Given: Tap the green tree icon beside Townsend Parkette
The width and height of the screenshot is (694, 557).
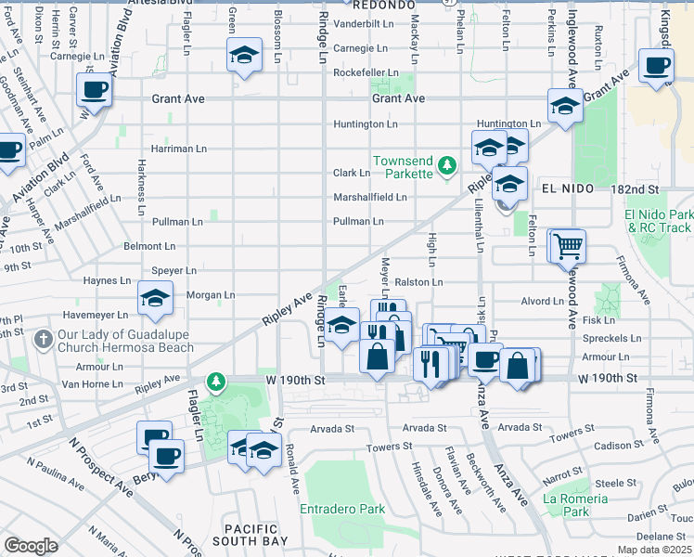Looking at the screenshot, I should coord(448,166).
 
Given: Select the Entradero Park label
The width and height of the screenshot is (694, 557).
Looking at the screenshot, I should coord(341,509).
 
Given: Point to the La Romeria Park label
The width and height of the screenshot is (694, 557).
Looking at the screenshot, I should coord(576,505).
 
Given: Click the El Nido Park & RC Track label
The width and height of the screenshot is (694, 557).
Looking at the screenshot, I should coord(658,222).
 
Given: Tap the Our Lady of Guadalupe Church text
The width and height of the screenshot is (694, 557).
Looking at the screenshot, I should coord(125,342).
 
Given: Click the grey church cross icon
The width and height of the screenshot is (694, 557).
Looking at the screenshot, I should coord(43,341).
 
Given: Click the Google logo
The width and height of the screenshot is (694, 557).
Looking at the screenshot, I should coord(31,546).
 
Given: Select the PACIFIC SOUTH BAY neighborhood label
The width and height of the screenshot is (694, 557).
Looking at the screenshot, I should coord(251,534).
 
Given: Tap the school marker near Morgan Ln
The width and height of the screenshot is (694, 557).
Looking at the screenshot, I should coord(155,298).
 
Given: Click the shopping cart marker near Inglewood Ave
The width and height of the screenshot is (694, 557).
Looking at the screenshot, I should coord(567,247).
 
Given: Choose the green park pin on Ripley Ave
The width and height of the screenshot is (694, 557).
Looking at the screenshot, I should coord(216,382).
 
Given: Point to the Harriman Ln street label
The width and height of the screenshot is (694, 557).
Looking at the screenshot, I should coord(179,149).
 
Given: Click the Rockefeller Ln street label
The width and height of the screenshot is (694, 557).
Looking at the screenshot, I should coord(366,72).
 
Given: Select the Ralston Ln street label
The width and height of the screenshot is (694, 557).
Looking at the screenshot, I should coord(418,282).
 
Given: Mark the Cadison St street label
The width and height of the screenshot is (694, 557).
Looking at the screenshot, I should coord(612,445).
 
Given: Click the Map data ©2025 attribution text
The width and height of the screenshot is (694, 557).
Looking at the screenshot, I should coord(653,550).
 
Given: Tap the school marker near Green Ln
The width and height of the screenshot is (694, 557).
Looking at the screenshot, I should coord(244,57).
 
